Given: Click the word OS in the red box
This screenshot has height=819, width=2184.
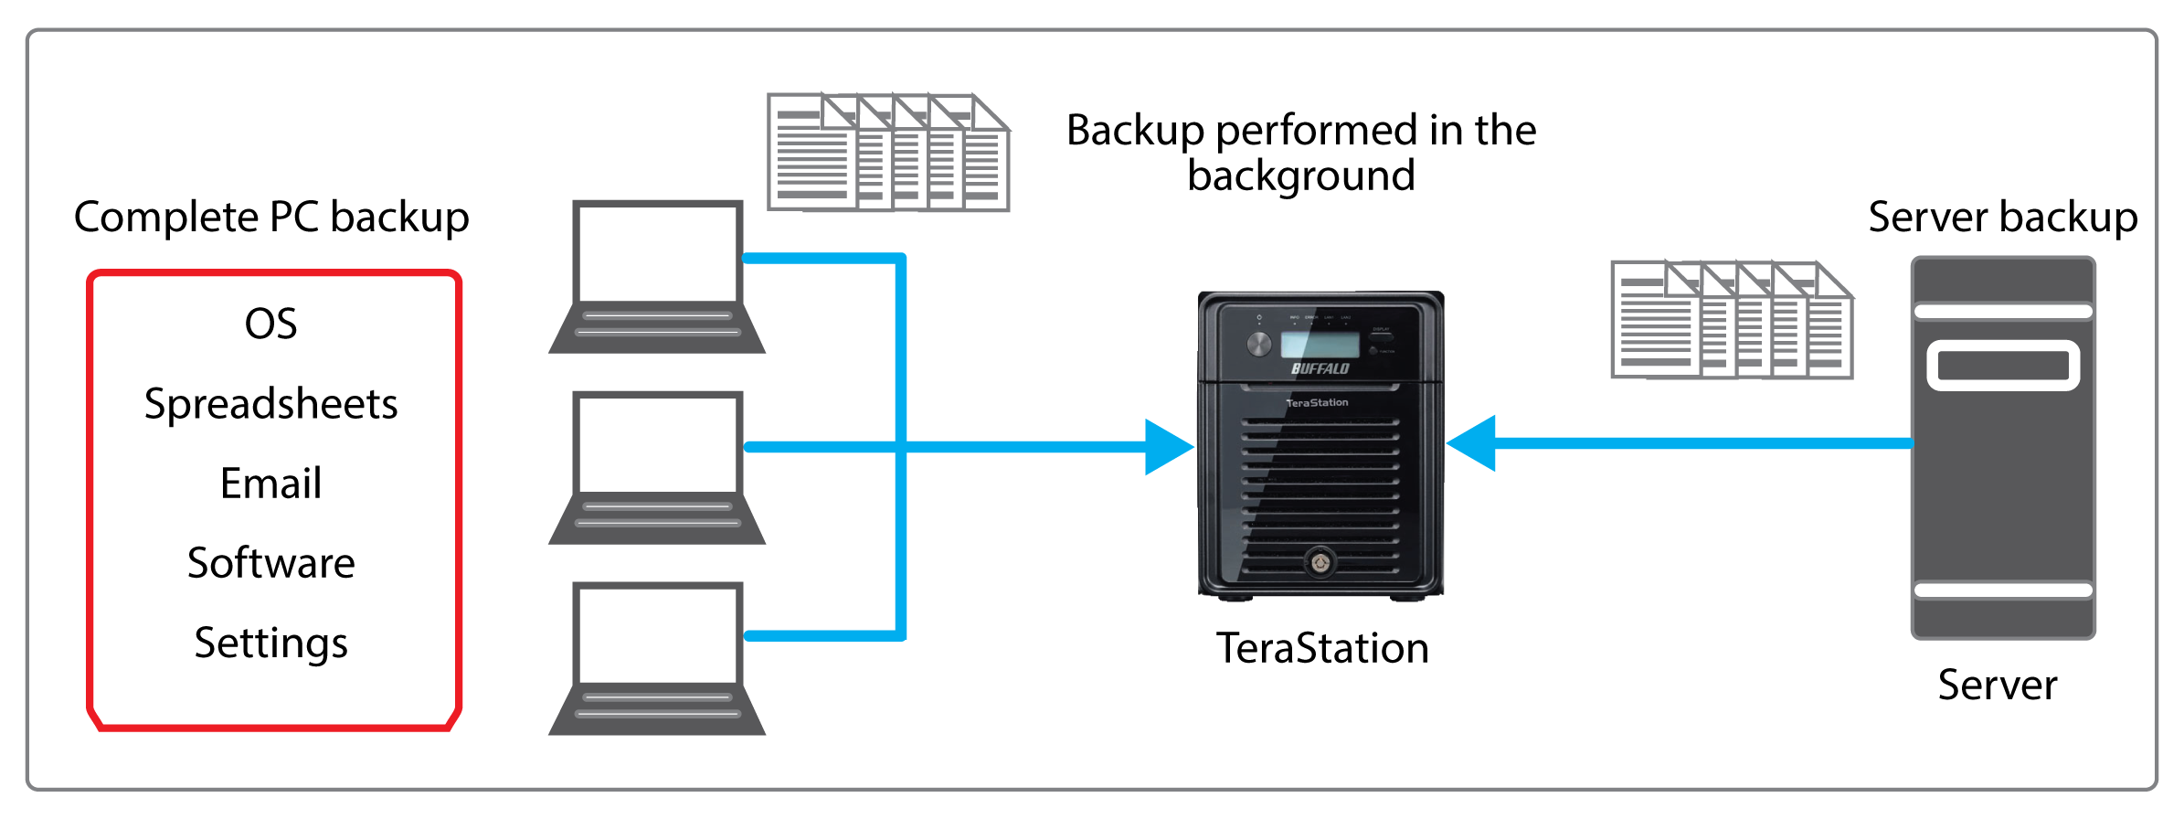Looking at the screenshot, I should coord(270,324).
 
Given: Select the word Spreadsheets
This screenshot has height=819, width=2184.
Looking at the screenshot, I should coord(270,404).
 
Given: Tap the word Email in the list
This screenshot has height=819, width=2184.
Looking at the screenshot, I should coord(270,484).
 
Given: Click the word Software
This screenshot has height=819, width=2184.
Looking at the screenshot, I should coord(270,563).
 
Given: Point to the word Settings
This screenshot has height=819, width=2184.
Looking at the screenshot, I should coord(270,643).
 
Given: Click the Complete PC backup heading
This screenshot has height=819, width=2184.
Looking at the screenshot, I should coord(270,218).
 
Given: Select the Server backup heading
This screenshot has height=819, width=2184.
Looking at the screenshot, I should coord(2002,218).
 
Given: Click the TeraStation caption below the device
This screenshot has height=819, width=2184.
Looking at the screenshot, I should coord(1321,649).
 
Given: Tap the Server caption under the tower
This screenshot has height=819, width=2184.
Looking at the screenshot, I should coord(1998,686).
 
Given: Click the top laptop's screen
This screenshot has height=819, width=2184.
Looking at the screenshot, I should coord(657,252).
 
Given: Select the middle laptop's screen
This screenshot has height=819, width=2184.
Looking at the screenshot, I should coord(657,443).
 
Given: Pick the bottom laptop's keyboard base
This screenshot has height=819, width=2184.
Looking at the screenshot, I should coord(657,709).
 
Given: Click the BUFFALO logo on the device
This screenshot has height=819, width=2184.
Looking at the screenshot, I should coord(1320,368).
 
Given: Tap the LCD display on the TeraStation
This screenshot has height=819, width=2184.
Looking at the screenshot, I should coord(1320,345).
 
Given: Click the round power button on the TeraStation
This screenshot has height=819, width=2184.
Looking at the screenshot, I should coord(1258,344).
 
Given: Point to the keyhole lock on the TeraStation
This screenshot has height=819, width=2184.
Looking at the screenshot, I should coord(1320,562).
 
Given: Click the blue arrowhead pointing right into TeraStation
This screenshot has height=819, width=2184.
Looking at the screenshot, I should coord(1168,447).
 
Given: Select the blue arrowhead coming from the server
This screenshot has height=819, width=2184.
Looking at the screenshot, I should coord(1473,443).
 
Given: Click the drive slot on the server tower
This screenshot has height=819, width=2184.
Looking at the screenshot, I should coord(2003,366).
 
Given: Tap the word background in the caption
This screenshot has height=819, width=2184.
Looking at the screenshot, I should coord(1300,175).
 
